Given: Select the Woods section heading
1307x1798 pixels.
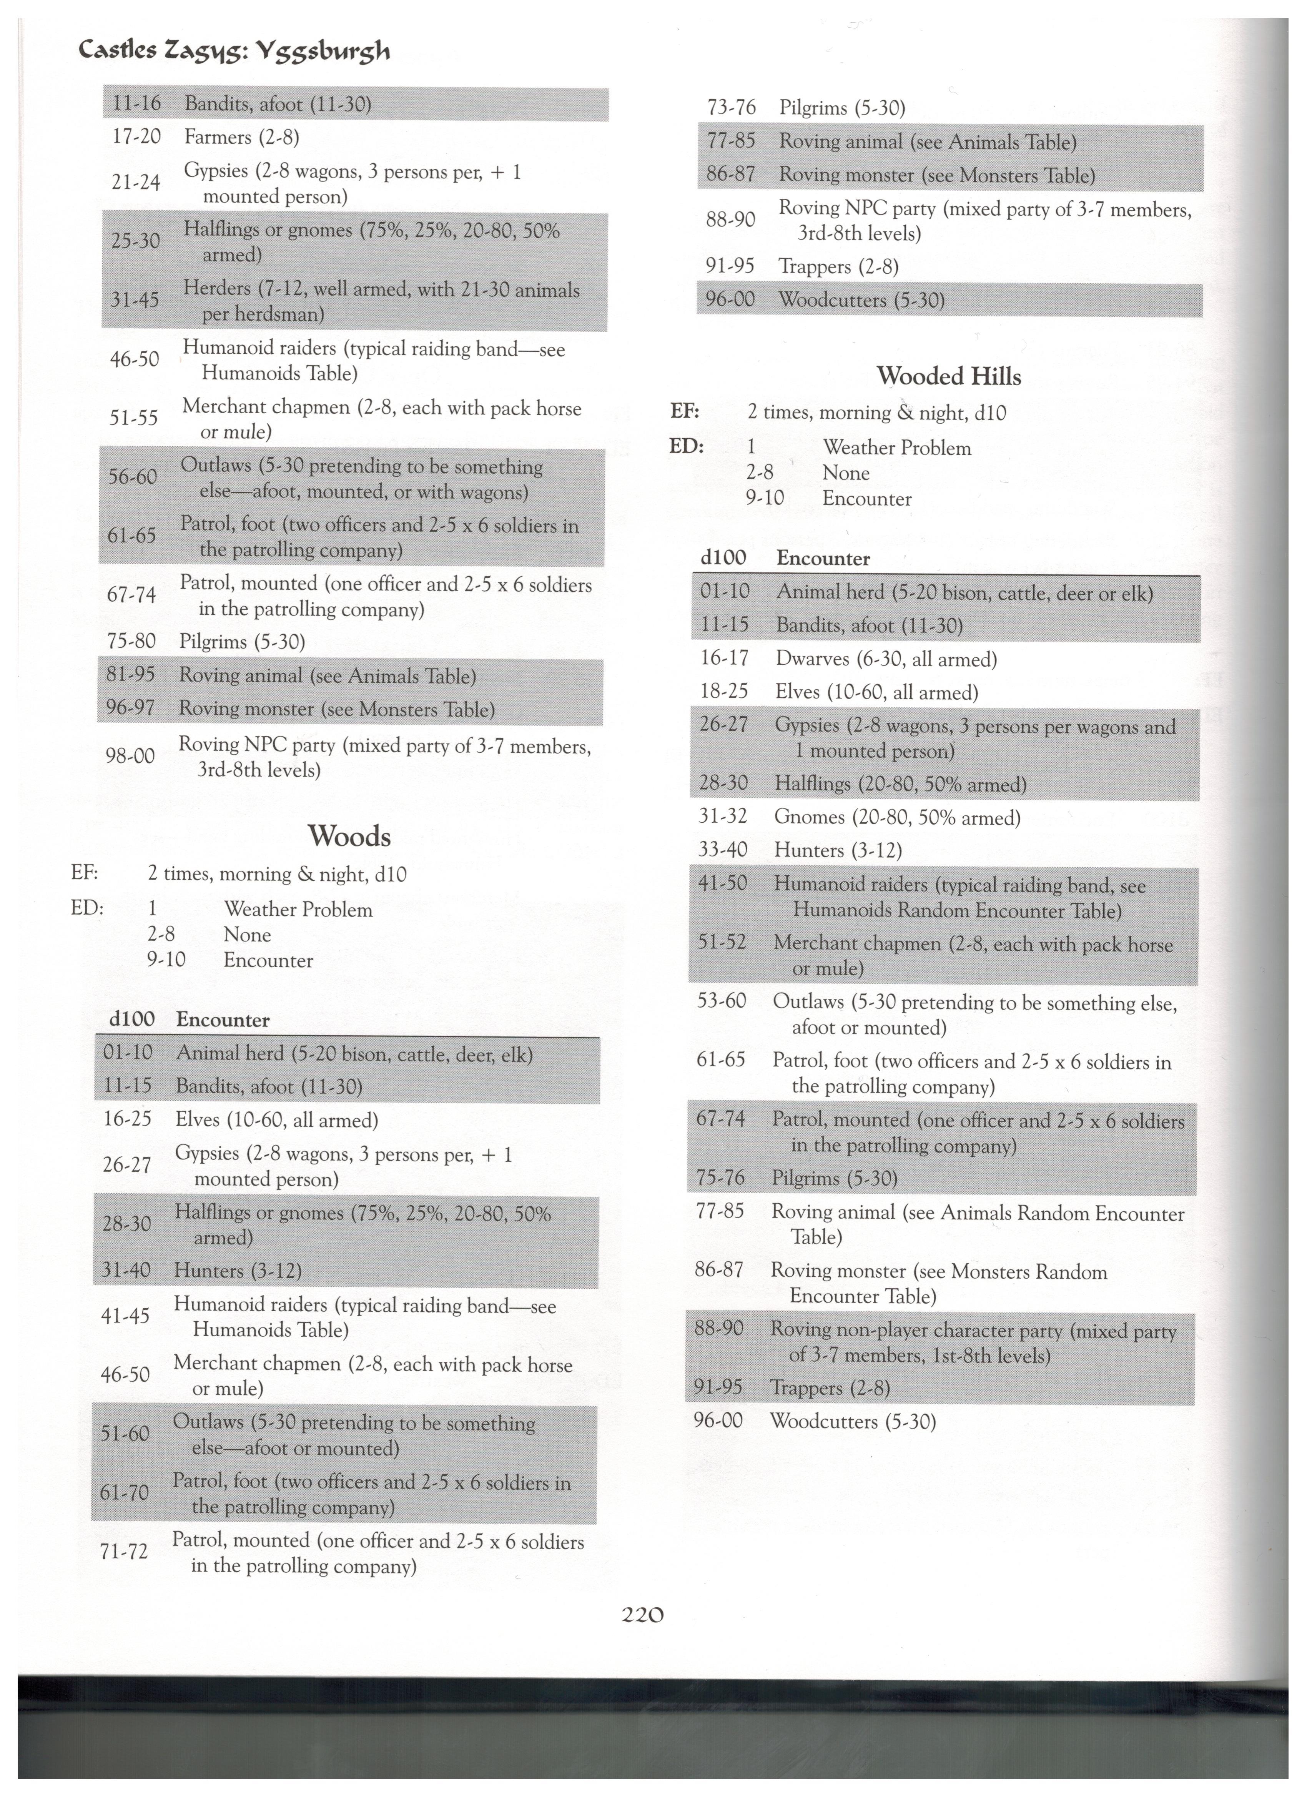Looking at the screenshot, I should coord(349,837).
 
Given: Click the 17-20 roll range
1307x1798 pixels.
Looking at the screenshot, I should coord(136,137).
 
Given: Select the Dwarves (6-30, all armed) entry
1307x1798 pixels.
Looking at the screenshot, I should coord(885,660).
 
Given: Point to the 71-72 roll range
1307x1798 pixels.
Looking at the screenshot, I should coord(124,1552).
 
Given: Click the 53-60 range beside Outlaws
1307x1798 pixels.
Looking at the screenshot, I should coord(721,1001).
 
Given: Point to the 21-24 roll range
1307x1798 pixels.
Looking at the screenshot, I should coord(136,183).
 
